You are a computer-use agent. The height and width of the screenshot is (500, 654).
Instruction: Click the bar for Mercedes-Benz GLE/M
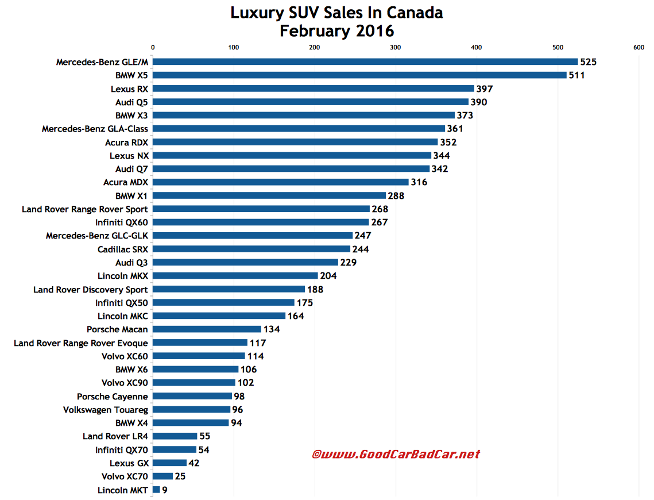pyautogui.click(x=365, y=61)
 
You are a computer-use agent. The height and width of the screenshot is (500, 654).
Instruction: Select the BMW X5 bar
pyautogui.click(x=359, y=75)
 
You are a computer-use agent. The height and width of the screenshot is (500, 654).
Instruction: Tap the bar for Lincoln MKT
pyautogui.click(x=156, y=490)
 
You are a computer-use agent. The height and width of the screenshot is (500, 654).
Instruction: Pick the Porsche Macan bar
pyautogui.click(x=207, y=329)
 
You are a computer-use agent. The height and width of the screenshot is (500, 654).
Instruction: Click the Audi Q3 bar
pyautogui.click(x=245, y=262)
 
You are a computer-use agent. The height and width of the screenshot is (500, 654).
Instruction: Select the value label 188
pyautogui.click(x=315, y=290)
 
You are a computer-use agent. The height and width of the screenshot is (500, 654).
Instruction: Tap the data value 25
pyautogui.click(x=180, y=476)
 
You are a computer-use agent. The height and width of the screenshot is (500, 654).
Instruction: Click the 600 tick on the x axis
pyautogui.click(x=638, y=48)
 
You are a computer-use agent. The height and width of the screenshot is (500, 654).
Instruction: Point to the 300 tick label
pyautogui.click(x=395, y=48)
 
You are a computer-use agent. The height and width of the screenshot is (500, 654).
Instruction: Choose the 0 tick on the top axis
pyautogui.click(x=153, y=48)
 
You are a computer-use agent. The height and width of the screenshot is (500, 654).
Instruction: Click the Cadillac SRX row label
pyautogui.click(x=122, y=249)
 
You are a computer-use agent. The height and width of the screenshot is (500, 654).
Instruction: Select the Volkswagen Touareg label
pyautogui.click(x=106, y=410)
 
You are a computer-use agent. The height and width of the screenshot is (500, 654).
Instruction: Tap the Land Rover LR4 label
pyautogui.click(x=115, y=436)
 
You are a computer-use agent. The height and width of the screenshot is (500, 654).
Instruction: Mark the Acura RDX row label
pyautogui.click(x=126, y=142)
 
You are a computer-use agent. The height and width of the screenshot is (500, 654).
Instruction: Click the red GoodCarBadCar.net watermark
pyautogui.click(x=396, y=454)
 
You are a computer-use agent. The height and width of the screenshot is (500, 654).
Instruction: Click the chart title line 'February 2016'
pyautogui.click(x=337, y=30)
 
